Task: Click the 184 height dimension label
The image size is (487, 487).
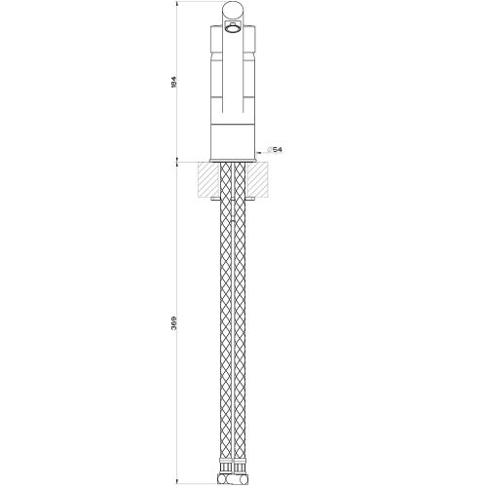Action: coord(173,83)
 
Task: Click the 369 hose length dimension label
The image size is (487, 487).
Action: coord(173,322)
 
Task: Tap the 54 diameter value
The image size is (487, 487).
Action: coord(278,150)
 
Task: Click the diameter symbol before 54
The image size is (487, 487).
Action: coord(269,150)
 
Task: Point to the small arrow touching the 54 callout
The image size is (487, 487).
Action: coord(259,152)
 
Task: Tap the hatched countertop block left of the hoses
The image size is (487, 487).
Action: coord(208,180)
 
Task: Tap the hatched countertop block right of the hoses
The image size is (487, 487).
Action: coord(257,180)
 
